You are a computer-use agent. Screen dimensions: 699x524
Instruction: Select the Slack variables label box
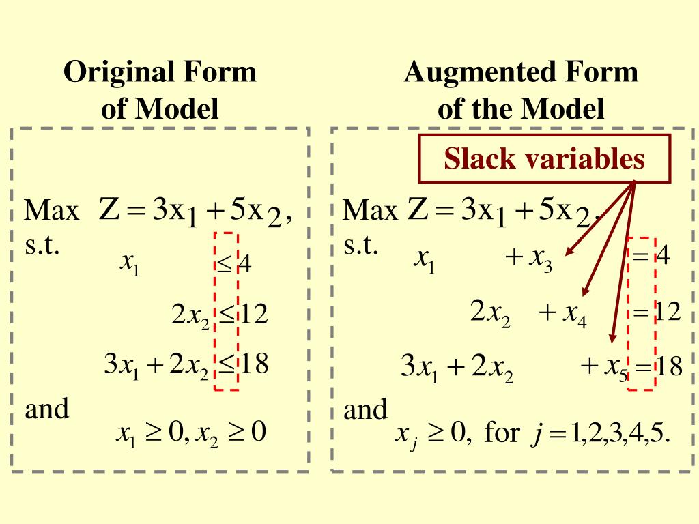click(543, 159)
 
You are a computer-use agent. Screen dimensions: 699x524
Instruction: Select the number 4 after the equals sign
click(663, 258)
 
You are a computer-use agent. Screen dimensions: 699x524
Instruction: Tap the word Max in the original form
click(51, 212)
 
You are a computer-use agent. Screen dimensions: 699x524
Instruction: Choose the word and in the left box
click(47, 409)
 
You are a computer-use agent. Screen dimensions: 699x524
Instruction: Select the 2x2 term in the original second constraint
click(190, 315)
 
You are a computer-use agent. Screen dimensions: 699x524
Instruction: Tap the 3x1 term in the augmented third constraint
click(419, 368)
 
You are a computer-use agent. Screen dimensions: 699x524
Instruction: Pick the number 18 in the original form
click(253, 364)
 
